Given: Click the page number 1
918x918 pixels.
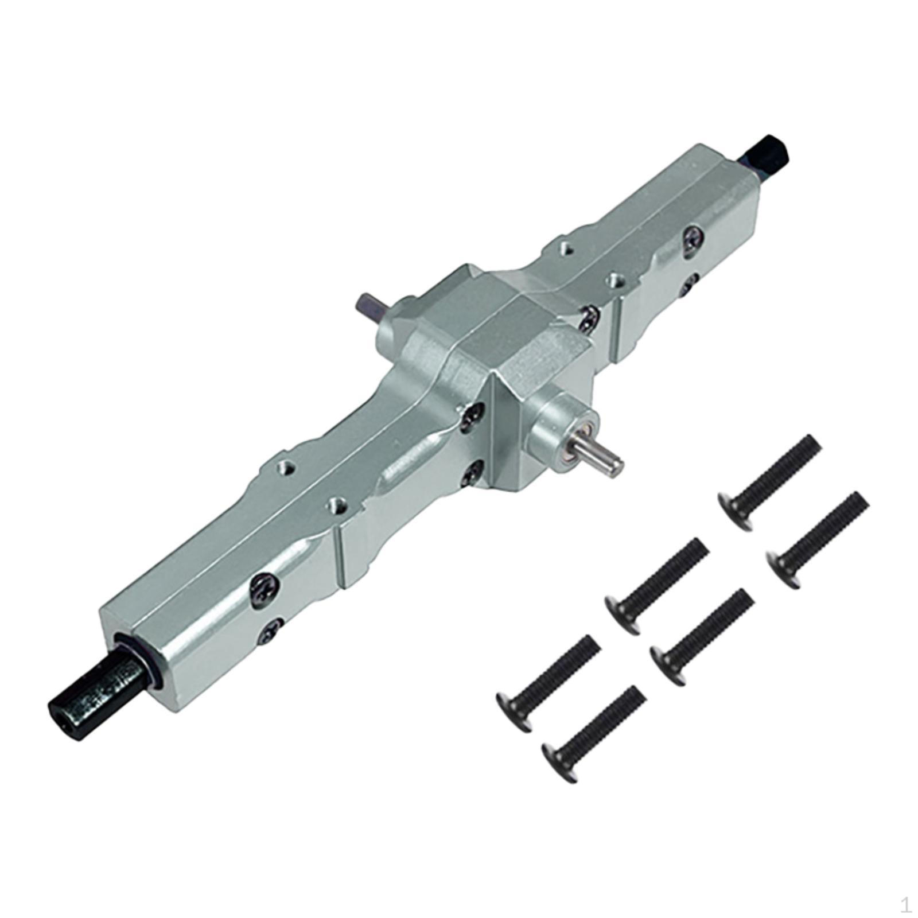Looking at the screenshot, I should (x=906, y=905).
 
